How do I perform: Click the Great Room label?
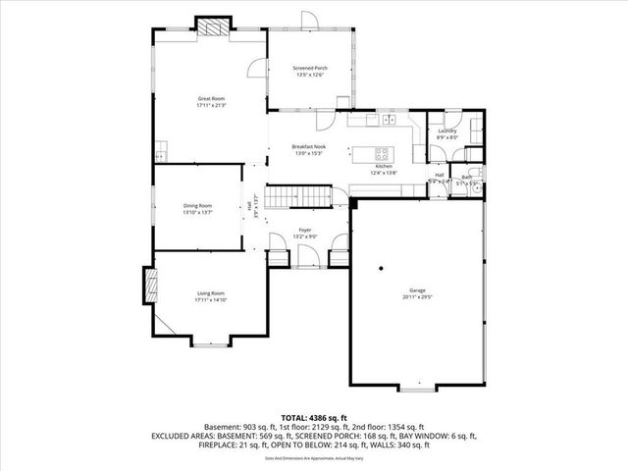click(212, 98)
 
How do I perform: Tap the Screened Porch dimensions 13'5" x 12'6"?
click(311, 77)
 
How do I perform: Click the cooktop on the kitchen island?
click(382, 153)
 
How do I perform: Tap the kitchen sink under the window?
click(389, 120)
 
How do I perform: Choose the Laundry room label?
click(446, 131)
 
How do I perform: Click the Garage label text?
click(418, 290)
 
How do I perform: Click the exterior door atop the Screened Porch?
click(308, 21)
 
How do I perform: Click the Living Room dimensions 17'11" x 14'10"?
click(211, 299)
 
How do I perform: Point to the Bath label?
click(467, 178)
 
